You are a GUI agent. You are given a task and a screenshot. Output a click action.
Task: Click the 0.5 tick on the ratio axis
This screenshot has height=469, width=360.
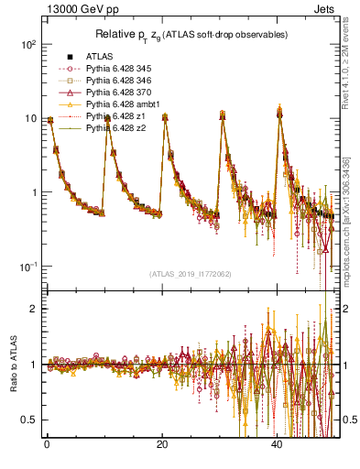[x=29, y=420]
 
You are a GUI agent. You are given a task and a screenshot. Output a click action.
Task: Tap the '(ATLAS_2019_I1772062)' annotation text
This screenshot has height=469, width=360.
[x=190, y=274]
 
